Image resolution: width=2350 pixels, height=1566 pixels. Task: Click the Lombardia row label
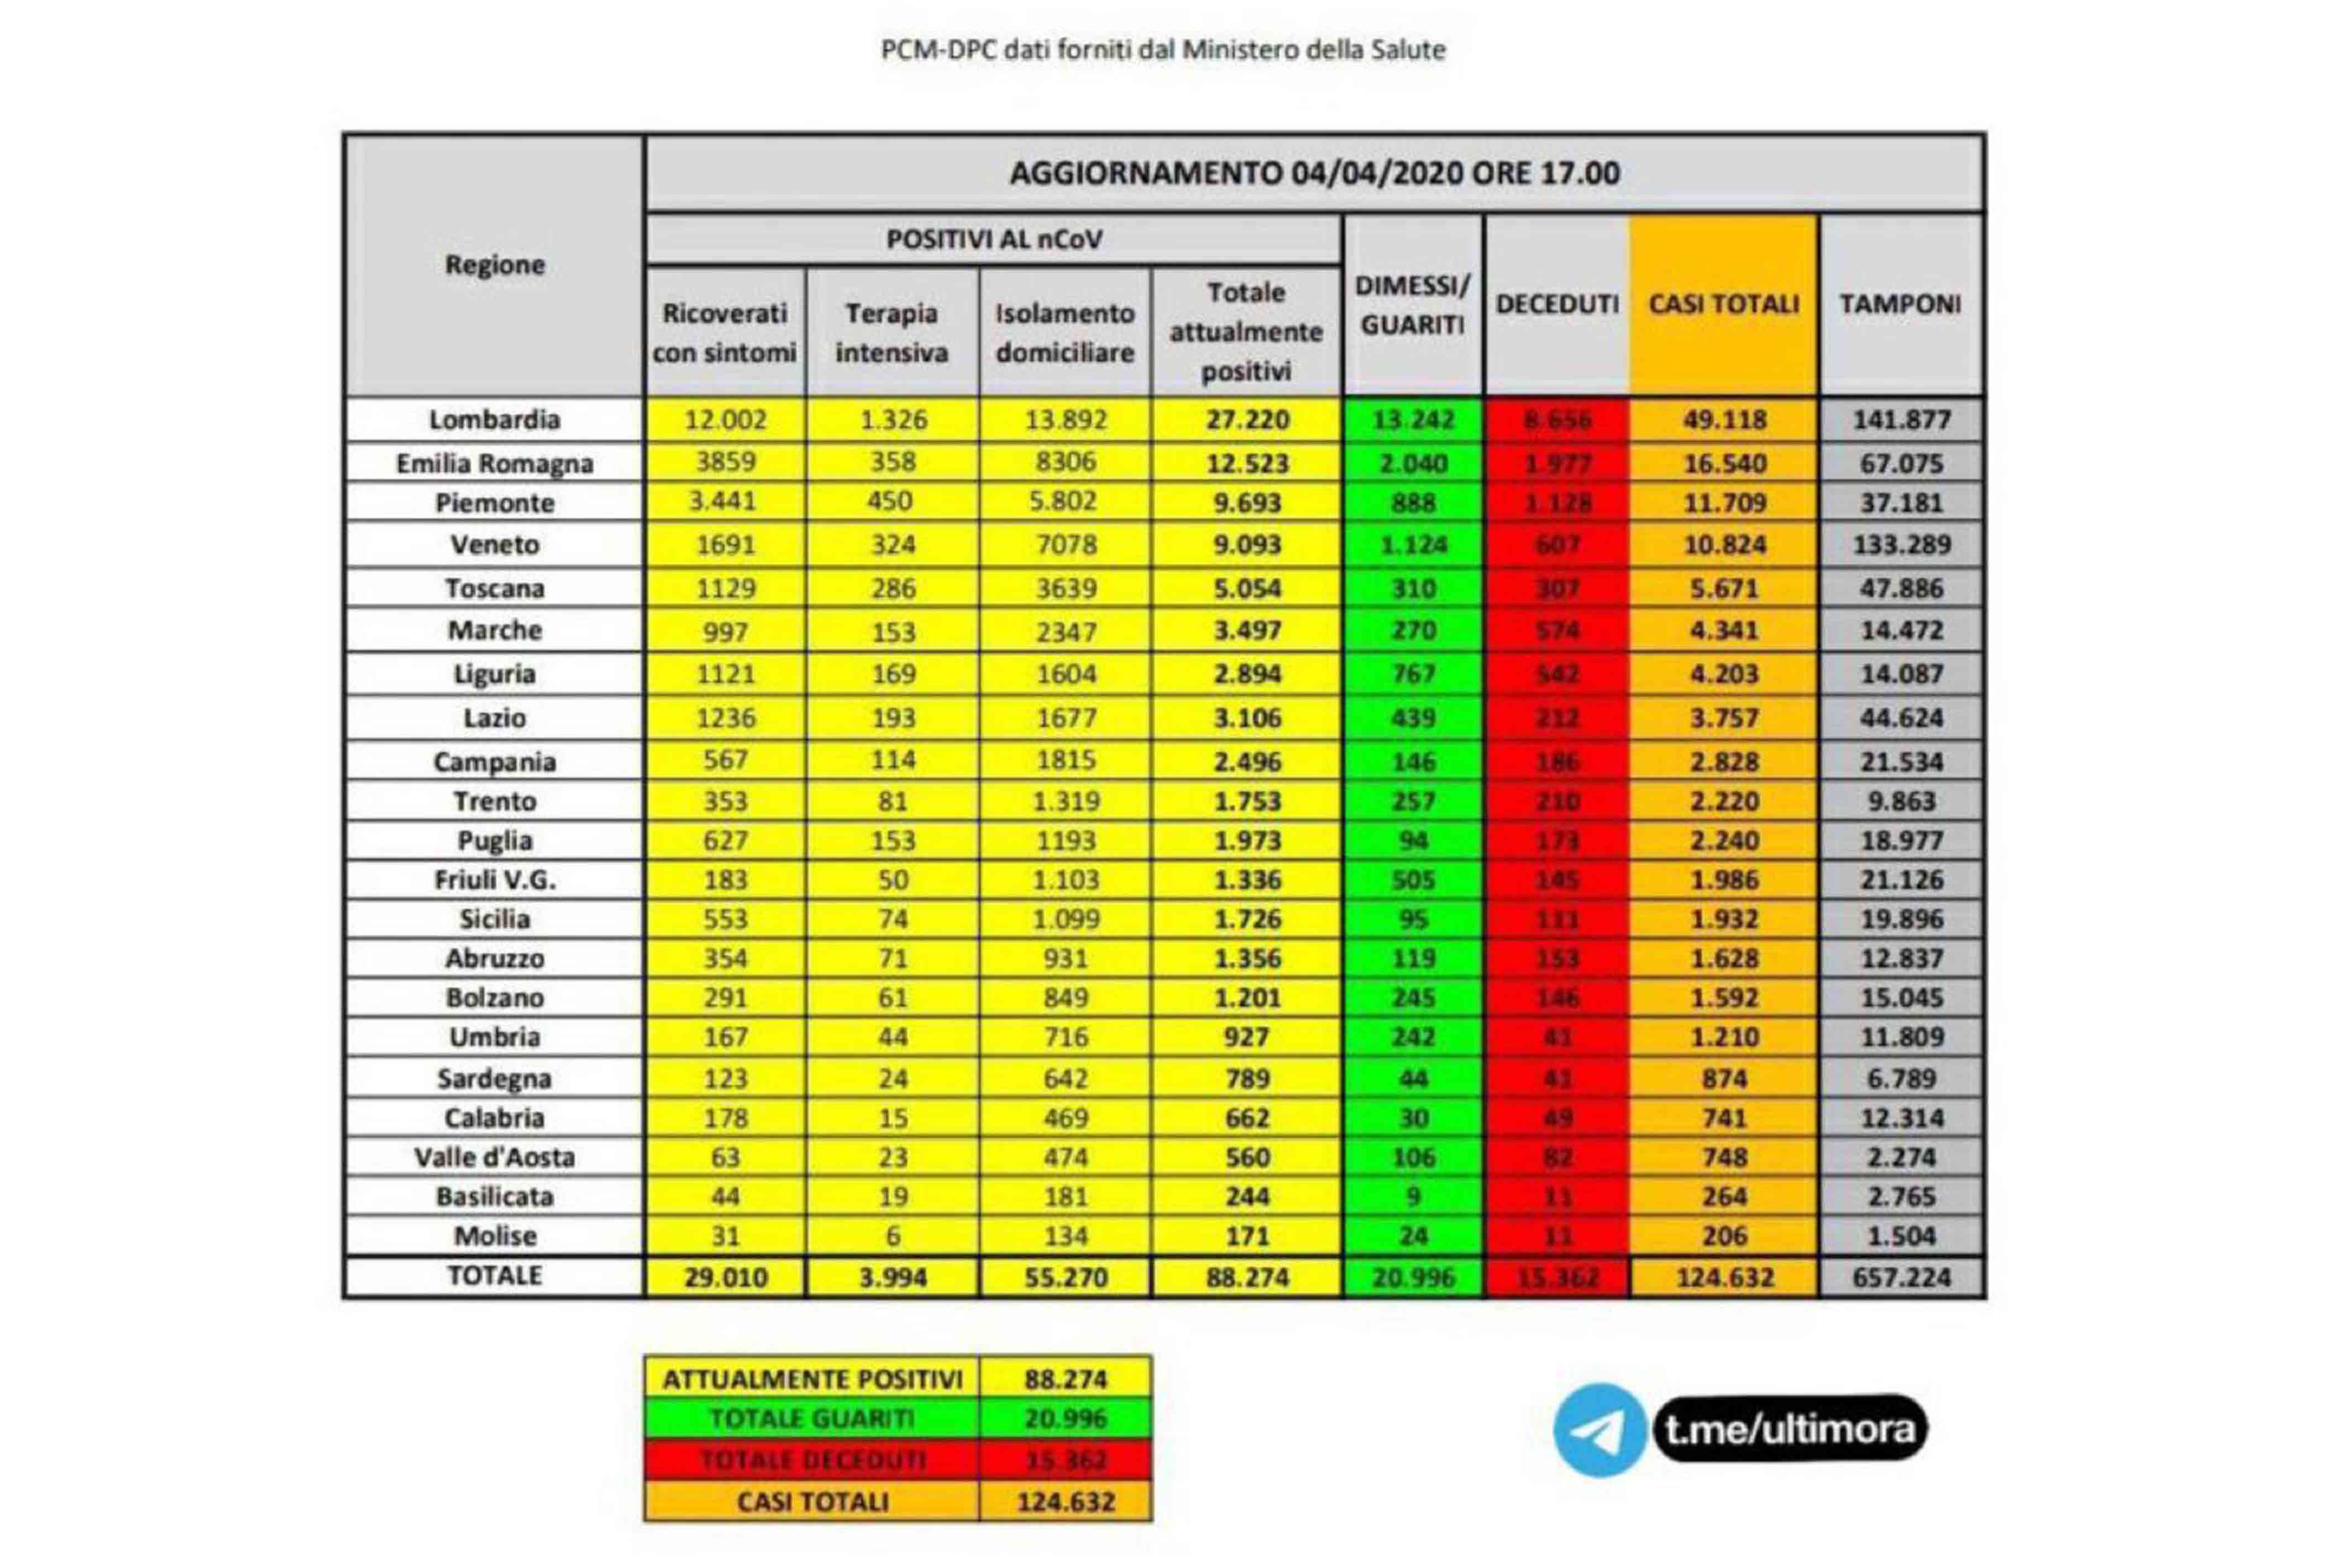click(495, 419)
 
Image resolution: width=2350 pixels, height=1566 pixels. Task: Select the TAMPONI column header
click(1900, 304)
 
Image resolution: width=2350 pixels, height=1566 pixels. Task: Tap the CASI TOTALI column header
click(1723, 304)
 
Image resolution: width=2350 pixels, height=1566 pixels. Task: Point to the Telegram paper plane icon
click(1599, 1430)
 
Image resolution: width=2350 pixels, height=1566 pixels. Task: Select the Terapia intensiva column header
click(891, 333)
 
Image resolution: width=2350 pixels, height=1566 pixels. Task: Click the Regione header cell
click(495, 265)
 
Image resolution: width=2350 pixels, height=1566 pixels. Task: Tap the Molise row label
click(495, 1236)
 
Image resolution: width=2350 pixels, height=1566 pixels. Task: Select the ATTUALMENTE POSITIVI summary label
click(812, 1379)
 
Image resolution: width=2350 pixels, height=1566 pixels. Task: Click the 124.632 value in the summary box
click(1065, 1501)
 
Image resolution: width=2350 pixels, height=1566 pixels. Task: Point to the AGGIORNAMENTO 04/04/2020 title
click(1314, 173)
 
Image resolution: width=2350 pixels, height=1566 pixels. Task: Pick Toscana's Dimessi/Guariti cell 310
click(1413, 588)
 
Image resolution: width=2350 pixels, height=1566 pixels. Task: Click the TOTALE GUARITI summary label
click(812, 1418)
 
